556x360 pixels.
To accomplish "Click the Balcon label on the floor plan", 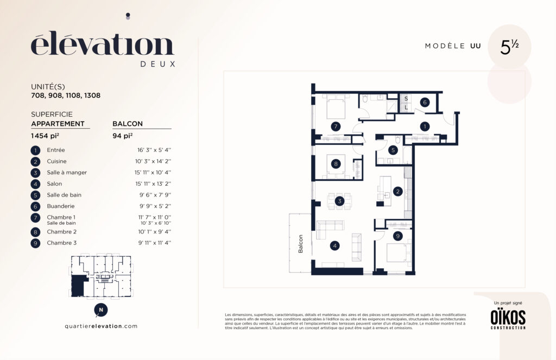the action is point(301,244).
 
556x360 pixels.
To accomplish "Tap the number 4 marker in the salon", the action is point(334,245).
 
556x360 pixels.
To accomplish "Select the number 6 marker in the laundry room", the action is point(425,103).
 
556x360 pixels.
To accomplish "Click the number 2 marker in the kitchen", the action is point(398,192).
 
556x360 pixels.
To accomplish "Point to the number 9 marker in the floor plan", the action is point(398,236).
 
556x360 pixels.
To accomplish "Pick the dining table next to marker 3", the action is point(339,201).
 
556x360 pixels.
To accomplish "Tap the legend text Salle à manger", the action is point(67,172).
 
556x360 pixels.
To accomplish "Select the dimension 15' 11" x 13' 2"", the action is point(153,184).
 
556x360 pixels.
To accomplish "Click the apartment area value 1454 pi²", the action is point(45,136).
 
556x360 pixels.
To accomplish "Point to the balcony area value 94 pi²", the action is point(123,136).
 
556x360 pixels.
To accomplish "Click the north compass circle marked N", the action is point(100,310).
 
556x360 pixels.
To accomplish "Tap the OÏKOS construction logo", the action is point(508,318).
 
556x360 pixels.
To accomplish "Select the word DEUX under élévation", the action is point(158,64).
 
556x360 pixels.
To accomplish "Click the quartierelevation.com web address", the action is point(101,326).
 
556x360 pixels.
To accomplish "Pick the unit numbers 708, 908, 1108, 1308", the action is point(66,96).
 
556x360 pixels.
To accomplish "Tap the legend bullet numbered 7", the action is point(35,217).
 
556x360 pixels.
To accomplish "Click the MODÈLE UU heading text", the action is point(453,46).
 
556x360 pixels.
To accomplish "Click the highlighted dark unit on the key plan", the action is point(79,286).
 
